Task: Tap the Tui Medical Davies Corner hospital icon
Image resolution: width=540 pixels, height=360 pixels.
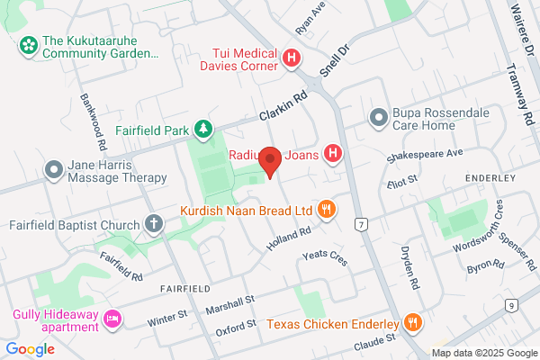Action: pos(292,59)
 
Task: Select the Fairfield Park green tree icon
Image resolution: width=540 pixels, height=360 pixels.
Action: pos(205,130)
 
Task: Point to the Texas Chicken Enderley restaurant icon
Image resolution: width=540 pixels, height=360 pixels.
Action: pos(412,323)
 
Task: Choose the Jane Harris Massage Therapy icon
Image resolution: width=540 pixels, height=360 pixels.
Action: pos(53,168)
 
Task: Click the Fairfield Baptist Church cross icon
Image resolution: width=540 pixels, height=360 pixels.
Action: pos(154,224)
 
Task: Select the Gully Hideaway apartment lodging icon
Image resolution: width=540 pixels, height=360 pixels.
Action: pos(113,318)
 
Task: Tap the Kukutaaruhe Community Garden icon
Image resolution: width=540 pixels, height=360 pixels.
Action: pos(28,42)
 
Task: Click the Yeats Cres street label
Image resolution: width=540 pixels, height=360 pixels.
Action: pos(325,257)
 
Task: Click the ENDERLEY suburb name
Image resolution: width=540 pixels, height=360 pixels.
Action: pos(490,178)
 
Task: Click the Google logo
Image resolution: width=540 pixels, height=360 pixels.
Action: pos(31,349)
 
